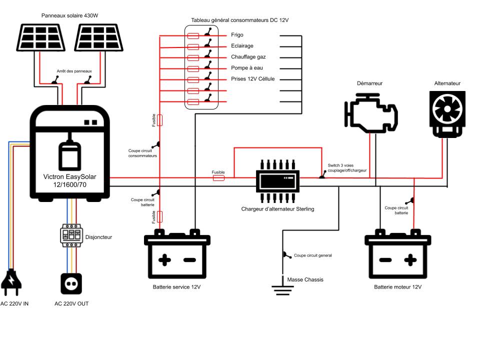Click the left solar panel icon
click(41, 38)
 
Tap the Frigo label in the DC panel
click(237, 35)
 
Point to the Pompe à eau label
click(246, 68)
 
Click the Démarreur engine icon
click(371, 113)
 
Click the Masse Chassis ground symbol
click(283, 289)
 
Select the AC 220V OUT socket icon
click(71, 283)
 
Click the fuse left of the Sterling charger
click(218, 177)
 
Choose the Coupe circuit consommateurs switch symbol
click(158, 145)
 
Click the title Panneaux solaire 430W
click(69, 16)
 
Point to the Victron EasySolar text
click(69, 180)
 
